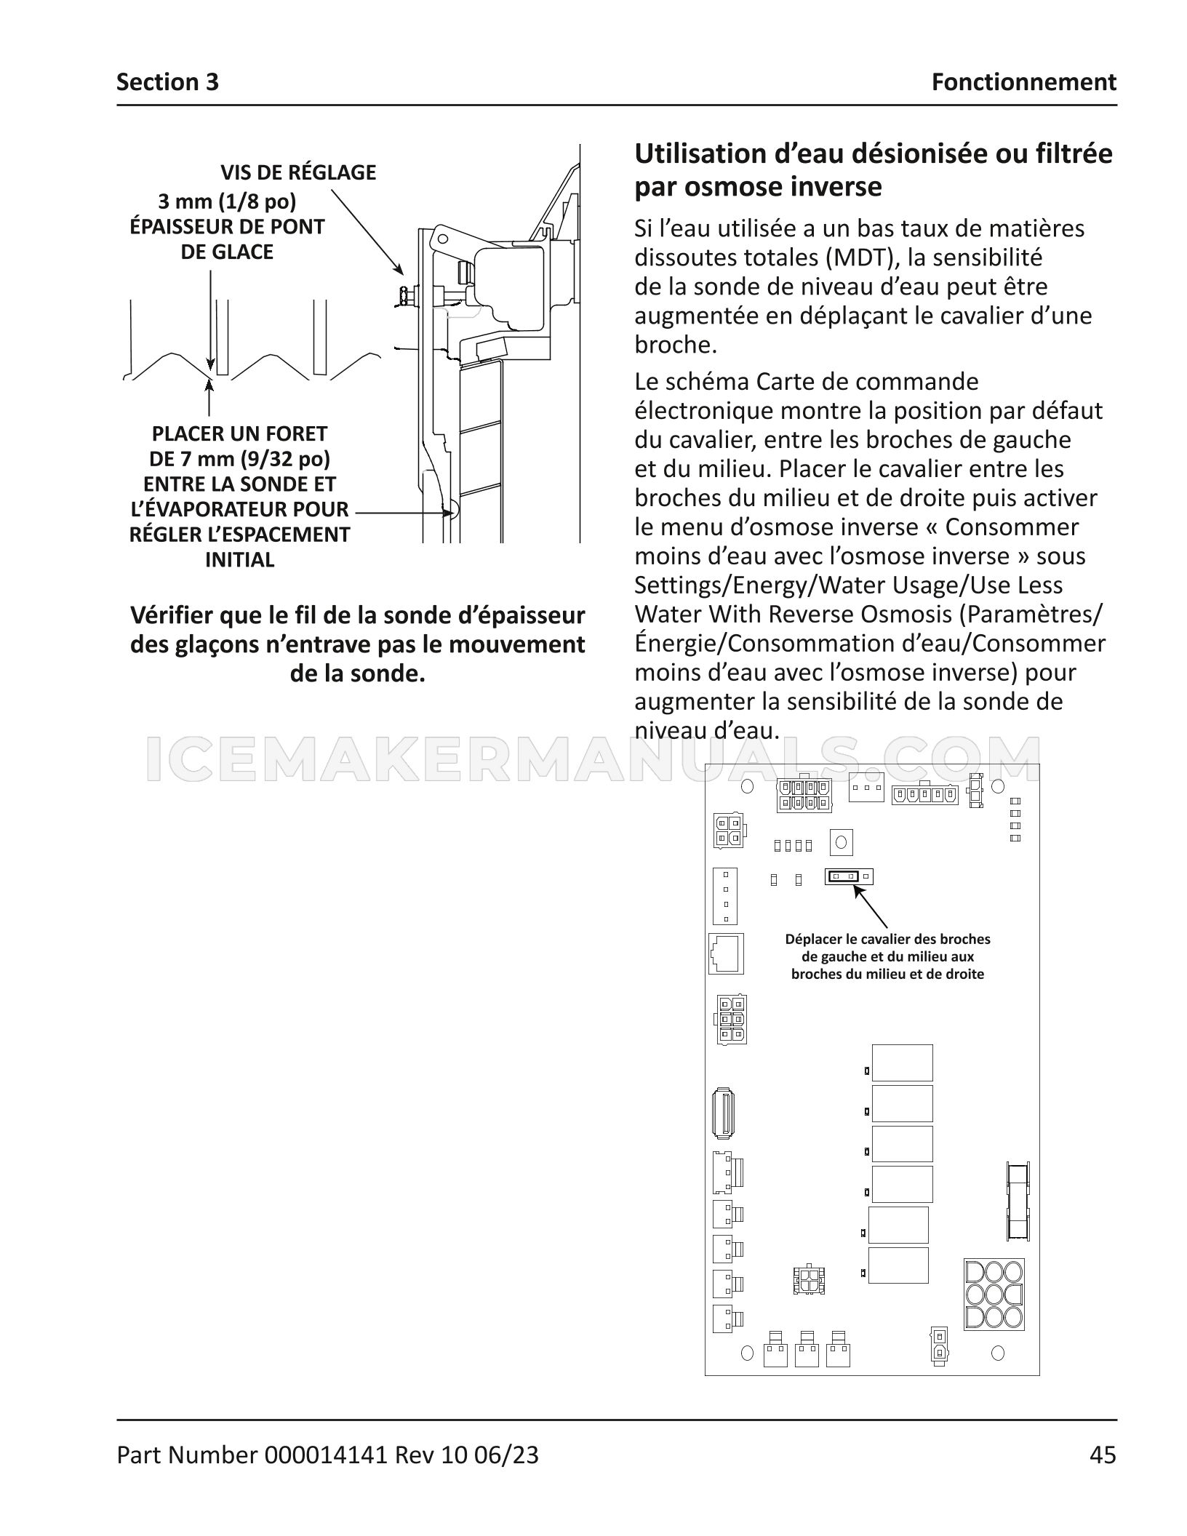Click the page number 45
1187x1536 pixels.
click(x=1103, y=1455)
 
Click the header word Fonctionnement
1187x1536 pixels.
click(x=1024, y=82)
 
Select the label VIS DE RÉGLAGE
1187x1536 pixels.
click(x=298, y=172)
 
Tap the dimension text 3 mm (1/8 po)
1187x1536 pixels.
click(x=227, y=201)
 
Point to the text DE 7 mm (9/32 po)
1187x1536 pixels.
click(x=240, y=459)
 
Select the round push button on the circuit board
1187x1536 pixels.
click(x=841, y=843)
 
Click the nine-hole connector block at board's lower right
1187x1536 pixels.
click(x=994, y=1295)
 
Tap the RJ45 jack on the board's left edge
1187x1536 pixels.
click(x=726, y=953)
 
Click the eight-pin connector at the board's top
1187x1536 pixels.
click(x=804, y=795)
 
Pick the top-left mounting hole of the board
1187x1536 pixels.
click(x=746, y=787)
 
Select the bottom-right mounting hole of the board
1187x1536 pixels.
click(x=998, y=1353)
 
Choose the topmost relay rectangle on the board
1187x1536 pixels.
click(x=902, y=1063)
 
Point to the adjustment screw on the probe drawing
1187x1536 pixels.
click(x=404, y=295)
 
